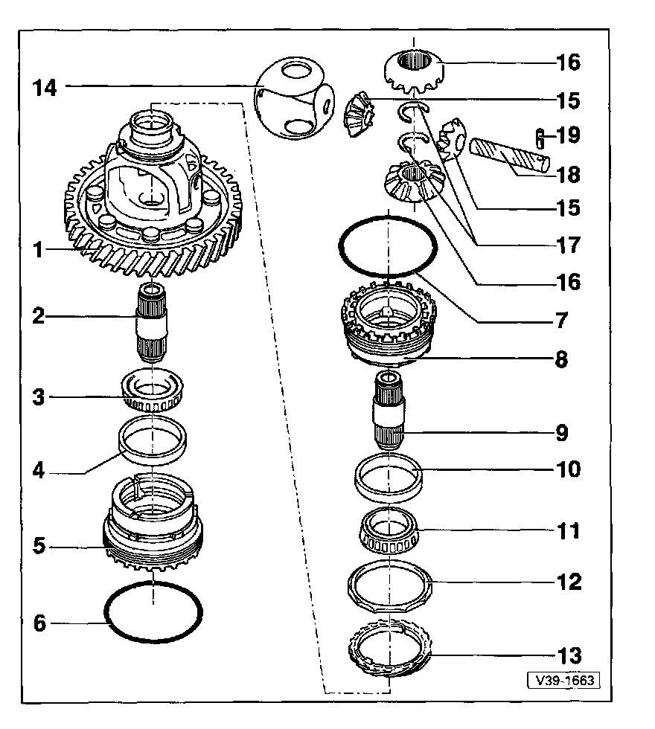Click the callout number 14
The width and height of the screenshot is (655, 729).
[x=44, y=87]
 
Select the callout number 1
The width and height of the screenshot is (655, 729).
[x=37, y=249]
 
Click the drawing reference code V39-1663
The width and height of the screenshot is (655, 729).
[x=563, y=681]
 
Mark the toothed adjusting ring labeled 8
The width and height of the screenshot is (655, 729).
[x=387, y=327]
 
